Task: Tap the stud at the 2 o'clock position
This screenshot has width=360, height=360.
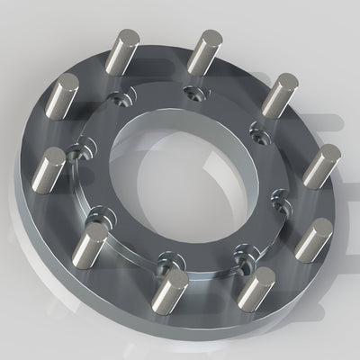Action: pyautogui.click(x=282, y=94)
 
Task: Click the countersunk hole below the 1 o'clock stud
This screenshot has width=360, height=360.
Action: pyautogui.click(x=191, y=91)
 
